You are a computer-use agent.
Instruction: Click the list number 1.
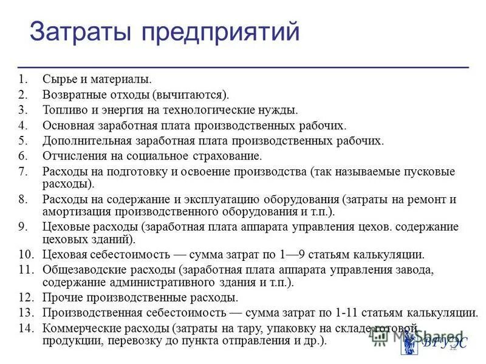22,79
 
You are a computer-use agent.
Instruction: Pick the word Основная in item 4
67,126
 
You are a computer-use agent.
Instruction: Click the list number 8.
22,200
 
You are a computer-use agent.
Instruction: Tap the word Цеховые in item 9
64,227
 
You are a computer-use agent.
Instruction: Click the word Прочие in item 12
60,297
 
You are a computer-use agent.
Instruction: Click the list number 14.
25,328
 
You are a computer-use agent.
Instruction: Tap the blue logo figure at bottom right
408,343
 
